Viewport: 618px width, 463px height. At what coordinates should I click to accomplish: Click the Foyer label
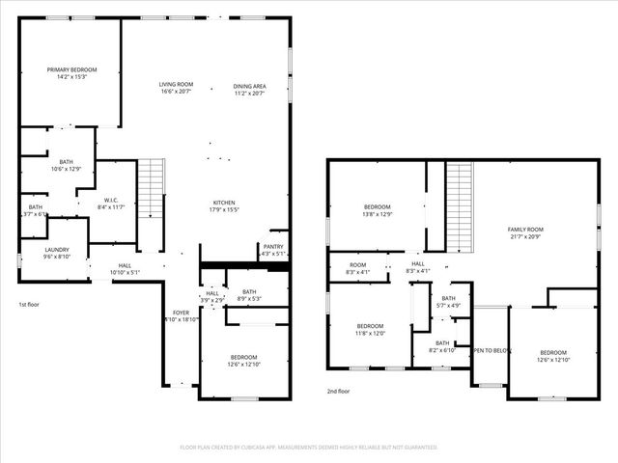181,315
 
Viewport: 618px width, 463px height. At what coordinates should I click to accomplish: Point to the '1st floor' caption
29,304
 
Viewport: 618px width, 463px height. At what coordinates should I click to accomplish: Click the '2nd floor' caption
339,392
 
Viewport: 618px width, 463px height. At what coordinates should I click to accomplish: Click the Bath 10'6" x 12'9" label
66,166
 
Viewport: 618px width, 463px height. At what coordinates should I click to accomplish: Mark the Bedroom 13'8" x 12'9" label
377,210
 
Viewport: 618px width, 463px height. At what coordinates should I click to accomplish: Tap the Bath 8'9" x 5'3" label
248,295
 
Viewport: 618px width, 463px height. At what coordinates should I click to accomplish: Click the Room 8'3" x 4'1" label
358,268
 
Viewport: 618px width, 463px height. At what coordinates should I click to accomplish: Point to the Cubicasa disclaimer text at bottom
309,448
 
